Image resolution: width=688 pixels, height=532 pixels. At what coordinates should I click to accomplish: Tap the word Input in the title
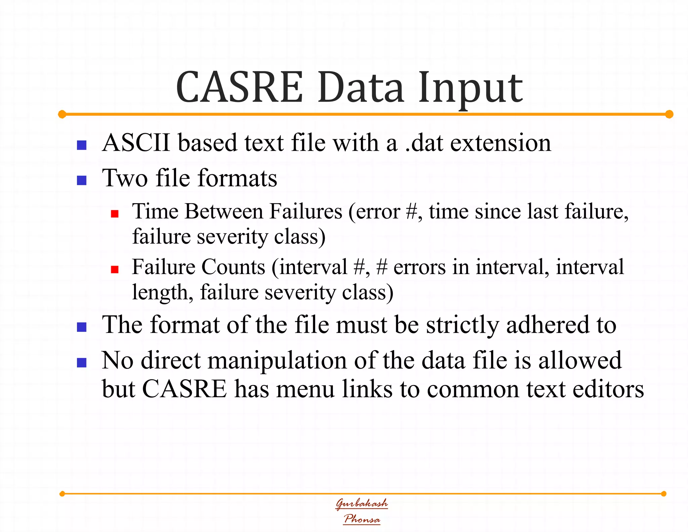click(x=470, y=88)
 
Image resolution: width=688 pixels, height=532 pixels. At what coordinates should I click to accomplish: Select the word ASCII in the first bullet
click(x=136, y=143)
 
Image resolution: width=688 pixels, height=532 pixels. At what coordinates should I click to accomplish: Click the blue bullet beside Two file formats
click(x=82, y=180)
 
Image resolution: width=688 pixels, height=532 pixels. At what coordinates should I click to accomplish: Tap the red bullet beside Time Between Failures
click(x=115, y=214)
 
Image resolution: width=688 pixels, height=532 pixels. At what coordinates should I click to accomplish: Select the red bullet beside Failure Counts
click(x=115, y=269)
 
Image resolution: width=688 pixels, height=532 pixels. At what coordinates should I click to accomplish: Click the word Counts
click(x=233, y=267)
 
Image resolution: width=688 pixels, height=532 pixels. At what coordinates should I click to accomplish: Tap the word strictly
click(x=462, y=325)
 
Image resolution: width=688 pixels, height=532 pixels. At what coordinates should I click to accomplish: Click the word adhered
click(x=547, y=325)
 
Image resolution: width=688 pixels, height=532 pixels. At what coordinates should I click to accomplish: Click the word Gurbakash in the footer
click(x=362, y=503)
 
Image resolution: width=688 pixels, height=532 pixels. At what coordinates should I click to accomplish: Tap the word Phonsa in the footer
click(x=362, y=519)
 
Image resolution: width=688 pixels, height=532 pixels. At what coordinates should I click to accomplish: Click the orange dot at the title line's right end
click(x=669, y=114)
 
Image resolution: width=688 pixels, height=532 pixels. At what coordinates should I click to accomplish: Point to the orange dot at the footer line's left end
click(x=62, y=494)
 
